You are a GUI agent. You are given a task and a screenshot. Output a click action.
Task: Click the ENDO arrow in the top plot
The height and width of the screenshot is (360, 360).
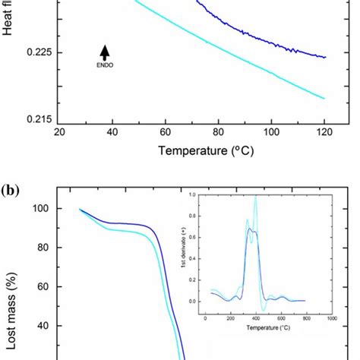click(x=104, y=52)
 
